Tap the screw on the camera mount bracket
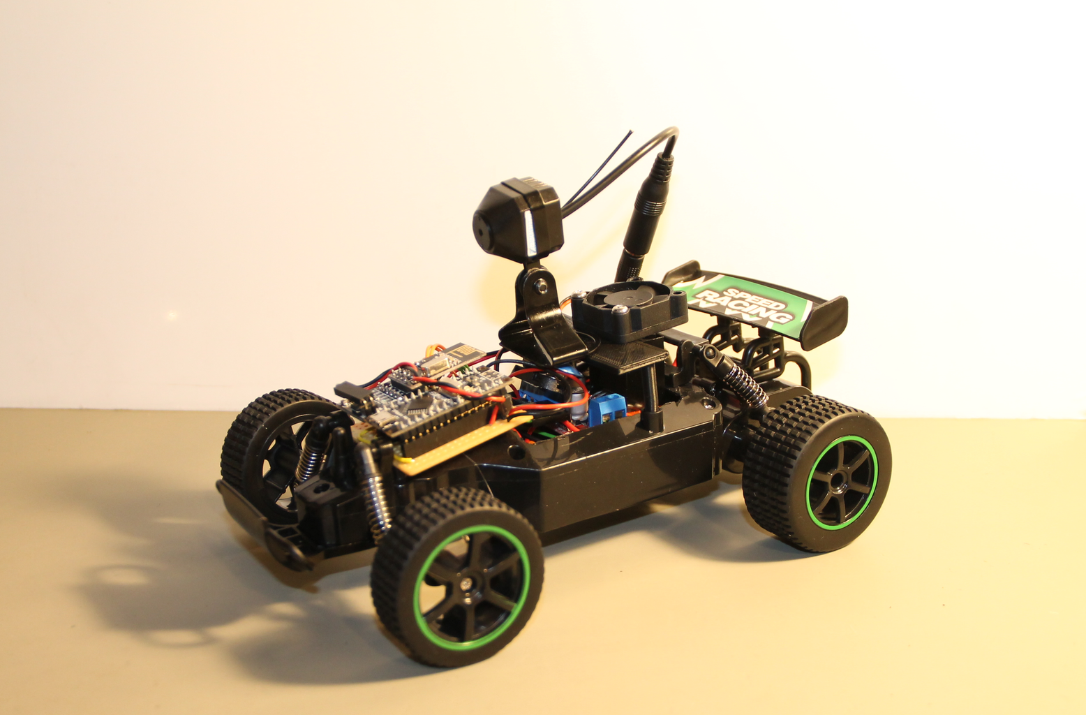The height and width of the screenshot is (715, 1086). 540,286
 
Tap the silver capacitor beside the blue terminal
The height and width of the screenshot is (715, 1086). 579,406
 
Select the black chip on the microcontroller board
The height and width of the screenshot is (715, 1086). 419,403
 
